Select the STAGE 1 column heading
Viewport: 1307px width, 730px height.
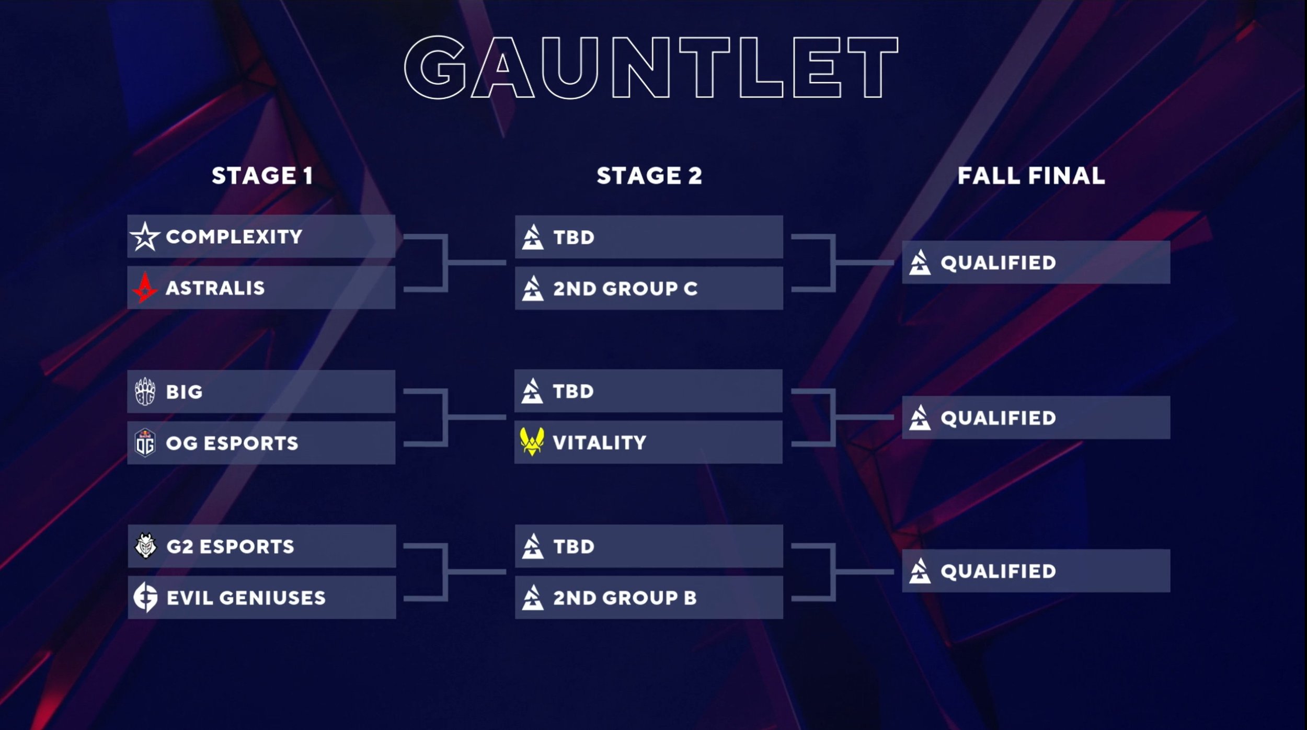(262, 176)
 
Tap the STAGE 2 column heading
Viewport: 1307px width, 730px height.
(649, 176)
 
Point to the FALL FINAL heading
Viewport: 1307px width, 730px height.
(1031, 176)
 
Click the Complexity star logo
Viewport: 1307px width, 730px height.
(145, 236)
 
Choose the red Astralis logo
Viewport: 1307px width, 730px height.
(145, 288)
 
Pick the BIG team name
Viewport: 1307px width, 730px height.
(184, 392)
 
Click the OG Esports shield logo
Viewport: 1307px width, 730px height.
(145, 443)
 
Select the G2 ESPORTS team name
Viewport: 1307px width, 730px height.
(230, 546)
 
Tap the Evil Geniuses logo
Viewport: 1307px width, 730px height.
(145, 597)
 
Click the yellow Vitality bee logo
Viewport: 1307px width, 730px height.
(532, 442)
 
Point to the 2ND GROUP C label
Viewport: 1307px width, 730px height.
(625, 289)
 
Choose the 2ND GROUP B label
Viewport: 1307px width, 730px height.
(625, 598)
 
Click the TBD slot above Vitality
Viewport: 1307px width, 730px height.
(648, 391)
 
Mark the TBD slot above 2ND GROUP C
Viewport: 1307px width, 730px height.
(648, 237)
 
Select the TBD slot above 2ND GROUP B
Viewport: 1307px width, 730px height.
(648, 546)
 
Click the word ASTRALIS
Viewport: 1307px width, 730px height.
(215, 288)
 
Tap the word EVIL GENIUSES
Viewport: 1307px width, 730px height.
(246, 598)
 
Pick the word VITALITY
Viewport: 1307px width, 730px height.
(599, 443)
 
